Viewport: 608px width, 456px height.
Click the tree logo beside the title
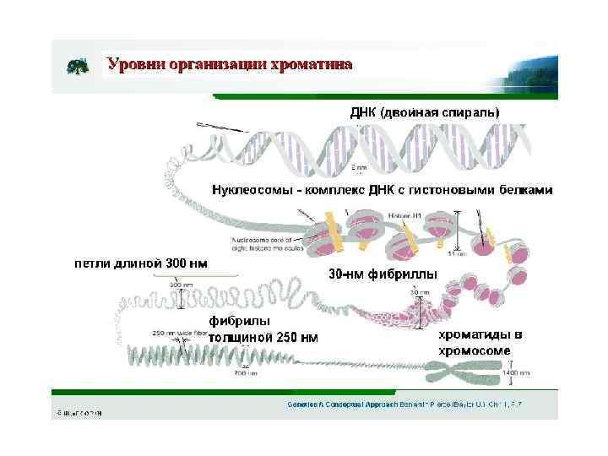tap(78, 66)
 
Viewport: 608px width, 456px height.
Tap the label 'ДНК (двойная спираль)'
tap(425, 112)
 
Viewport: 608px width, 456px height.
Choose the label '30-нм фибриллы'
tap(383, 274)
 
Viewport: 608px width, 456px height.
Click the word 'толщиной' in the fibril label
tap(241, 337)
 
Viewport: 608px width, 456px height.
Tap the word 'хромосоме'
tap(474, 350)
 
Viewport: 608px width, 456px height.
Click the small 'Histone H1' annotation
tap(404, 215)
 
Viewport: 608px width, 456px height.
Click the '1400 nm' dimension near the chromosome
tap(516, 372)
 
